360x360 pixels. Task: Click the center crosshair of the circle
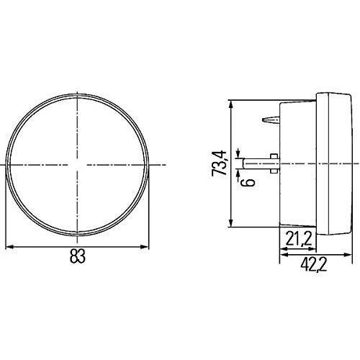tap(76, 165)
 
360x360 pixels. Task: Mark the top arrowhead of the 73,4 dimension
tap(231, 102)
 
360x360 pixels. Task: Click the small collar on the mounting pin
tap(274, 161)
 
